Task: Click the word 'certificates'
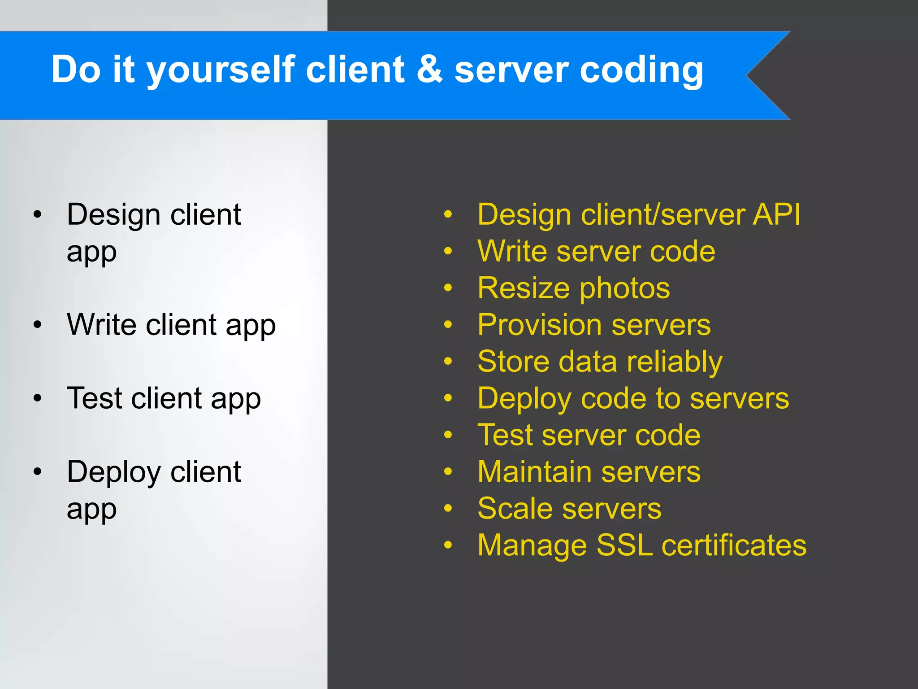click(x=734, y=545)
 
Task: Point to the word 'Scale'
click(x=515, y=509)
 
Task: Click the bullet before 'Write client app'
click(x=38, y=324)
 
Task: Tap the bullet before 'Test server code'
click(x=448, y=435)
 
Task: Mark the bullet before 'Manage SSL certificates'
click(x=448, y=545)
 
